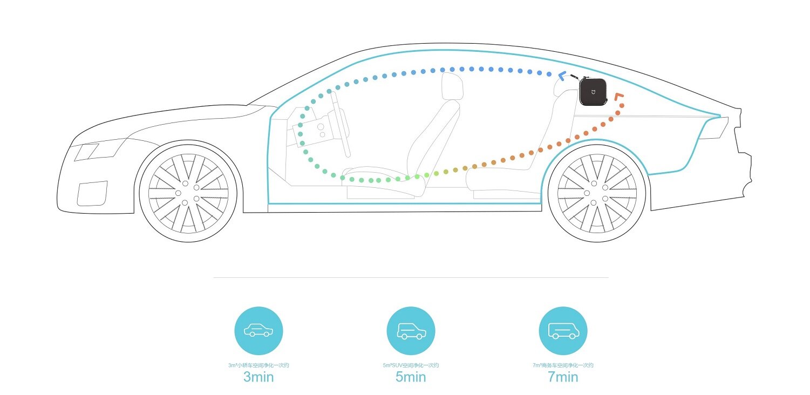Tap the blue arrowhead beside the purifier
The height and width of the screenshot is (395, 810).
pos(562,76)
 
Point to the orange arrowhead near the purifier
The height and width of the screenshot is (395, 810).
pos(619,99)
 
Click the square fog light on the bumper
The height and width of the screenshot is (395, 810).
pos(92,193)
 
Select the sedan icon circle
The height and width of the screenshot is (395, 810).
pos(258,331)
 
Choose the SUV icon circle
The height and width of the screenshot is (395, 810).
pos(411,331)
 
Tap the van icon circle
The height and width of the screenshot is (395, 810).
pos(563,331)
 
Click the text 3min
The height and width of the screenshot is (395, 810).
pos(258,377)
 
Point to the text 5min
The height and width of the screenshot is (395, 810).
pos(411,377)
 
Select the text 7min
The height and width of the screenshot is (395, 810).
pos(563,377)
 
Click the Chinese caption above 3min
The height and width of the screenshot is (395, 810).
pos(258,365)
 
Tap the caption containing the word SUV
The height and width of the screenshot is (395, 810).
pos(411,365)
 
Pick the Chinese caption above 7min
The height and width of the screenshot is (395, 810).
pos(563,365)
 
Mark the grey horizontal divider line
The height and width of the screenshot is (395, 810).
pos(411,278)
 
